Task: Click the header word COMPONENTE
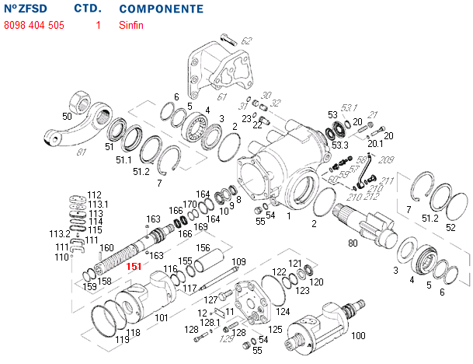click(162, 9)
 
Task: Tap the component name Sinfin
click(131, 25)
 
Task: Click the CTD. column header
click(87, 9)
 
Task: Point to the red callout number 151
click(134, 267)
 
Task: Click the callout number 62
click(247, 40)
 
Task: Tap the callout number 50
click(68, 116)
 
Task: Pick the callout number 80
click(353, 244)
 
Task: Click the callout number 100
click(358, 336)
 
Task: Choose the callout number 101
click(162, 317)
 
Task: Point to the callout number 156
click(203, 248)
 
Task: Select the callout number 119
click(123, 340)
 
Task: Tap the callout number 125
click(275, 330)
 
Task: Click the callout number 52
click(450, 227)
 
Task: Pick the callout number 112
click(94, 194)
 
